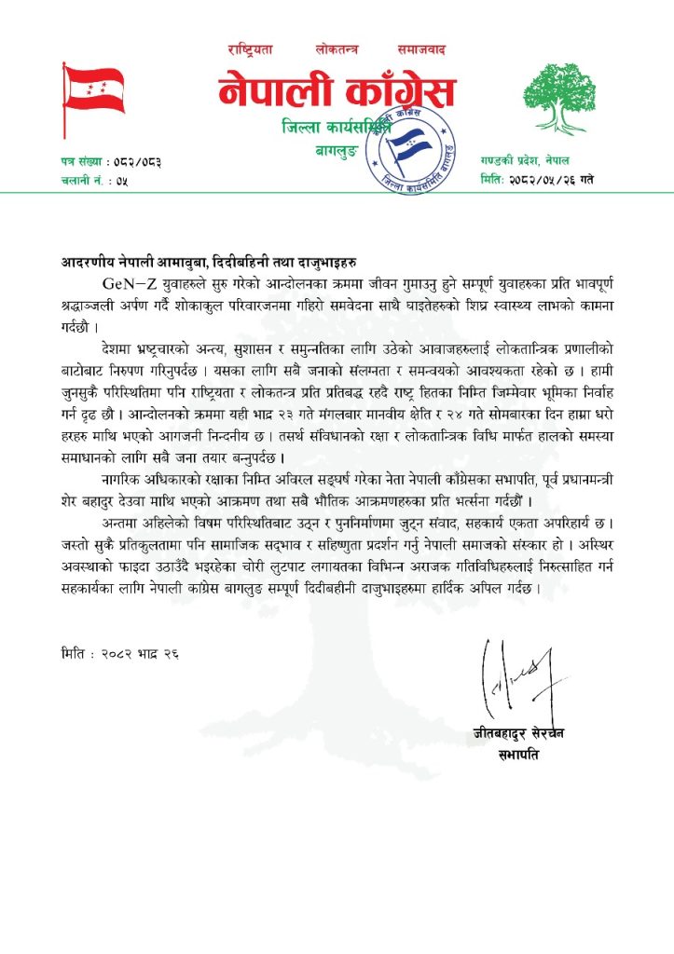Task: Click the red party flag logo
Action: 93,89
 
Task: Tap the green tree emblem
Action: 557,97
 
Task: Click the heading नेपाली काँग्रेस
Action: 337,92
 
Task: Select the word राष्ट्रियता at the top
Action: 251,48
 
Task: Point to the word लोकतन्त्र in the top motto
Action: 337,48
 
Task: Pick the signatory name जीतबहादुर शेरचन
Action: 518,733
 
